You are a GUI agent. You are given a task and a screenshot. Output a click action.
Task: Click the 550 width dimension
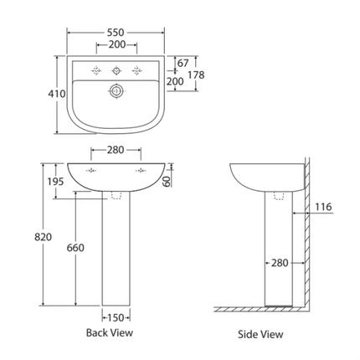tap(116, 33)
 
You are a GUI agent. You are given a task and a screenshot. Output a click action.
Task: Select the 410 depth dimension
tap(57, 94)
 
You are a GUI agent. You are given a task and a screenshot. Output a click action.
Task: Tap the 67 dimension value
tap(183, 64)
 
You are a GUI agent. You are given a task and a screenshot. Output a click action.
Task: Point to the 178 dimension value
tap(196, 75)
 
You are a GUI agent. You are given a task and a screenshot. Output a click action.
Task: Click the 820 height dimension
tap(44, 237)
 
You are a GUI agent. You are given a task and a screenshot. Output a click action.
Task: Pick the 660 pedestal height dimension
tap(75, 248)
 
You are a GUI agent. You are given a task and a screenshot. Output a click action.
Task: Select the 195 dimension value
tap(55, 182)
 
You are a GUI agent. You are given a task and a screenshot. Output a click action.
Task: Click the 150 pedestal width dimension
tap(116, 317)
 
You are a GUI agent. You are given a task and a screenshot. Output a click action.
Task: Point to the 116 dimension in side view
tap(323, 207)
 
